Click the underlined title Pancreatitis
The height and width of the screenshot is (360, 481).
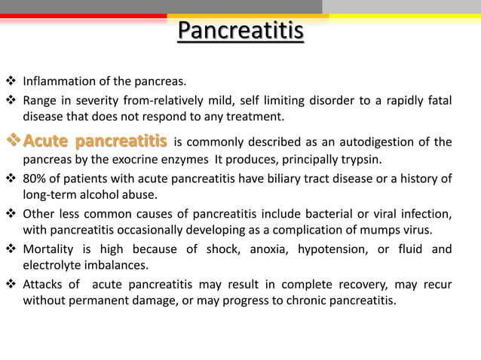click(240, 32)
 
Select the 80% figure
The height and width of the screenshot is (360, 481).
click(35, 179)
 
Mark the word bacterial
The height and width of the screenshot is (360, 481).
click(316, 213)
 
